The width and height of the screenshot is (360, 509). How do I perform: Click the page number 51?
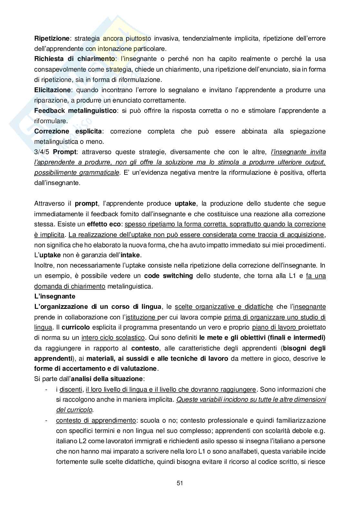(180, 483)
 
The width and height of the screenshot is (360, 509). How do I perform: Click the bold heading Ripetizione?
(52, 38)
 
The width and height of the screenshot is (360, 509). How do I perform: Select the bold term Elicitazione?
(52, 90)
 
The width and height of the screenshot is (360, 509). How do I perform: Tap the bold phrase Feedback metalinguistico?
(75, 111)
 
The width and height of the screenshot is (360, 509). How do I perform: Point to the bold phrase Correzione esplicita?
(68, 131)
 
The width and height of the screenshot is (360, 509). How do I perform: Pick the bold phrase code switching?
(168, 276)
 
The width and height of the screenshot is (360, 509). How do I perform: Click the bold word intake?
(131, 255)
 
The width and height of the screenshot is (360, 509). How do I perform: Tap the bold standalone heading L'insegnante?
(55, 296)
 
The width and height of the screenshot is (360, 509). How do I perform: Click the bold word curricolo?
(76, 327)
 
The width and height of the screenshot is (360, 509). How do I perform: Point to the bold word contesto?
(145, 348)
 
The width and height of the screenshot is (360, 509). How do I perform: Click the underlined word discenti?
(71, 389)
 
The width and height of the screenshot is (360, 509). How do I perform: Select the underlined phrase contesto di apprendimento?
(96, 420)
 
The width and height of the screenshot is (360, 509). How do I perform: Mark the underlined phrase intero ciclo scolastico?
(113, 338)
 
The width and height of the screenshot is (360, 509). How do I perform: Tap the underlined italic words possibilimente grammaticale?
(76, 172)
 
